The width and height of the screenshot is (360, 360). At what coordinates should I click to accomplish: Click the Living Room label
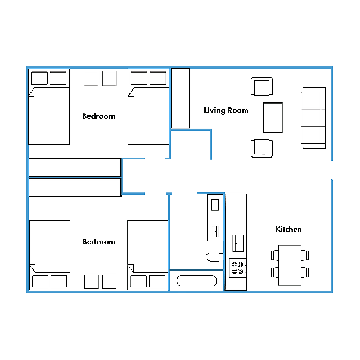226,111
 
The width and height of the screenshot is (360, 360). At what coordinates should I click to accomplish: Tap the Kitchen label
289,229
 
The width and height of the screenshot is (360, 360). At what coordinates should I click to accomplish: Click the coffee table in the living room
273,118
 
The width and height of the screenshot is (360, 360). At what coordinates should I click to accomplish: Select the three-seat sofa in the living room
313,118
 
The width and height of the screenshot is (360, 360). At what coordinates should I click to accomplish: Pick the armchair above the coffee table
262,86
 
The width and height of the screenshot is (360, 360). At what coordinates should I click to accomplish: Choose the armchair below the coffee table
262,148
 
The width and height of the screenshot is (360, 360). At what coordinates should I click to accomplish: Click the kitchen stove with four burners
237,268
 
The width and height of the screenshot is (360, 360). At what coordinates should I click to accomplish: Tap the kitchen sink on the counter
238,243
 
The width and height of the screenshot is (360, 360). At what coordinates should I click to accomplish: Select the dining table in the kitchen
290,265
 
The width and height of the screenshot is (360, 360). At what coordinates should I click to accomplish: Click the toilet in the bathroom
214,257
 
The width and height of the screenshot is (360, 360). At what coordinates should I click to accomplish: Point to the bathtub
196,281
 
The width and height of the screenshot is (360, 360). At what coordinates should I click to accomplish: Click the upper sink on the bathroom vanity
215,205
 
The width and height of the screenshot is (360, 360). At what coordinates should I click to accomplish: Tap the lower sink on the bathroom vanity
215,231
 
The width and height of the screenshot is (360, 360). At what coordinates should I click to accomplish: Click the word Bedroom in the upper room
99,116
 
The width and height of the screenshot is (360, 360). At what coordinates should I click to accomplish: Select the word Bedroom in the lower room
99,242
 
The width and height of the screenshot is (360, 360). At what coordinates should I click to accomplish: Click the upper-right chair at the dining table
305,255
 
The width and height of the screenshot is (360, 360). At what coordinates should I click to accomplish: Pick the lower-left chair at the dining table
275,272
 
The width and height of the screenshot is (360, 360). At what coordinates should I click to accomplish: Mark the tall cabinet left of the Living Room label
180,98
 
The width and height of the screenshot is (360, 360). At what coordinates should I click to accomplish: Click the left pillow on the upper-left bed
39,78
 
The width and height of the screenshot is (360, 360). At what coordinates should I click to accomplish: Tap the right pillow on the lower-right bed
157,281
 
